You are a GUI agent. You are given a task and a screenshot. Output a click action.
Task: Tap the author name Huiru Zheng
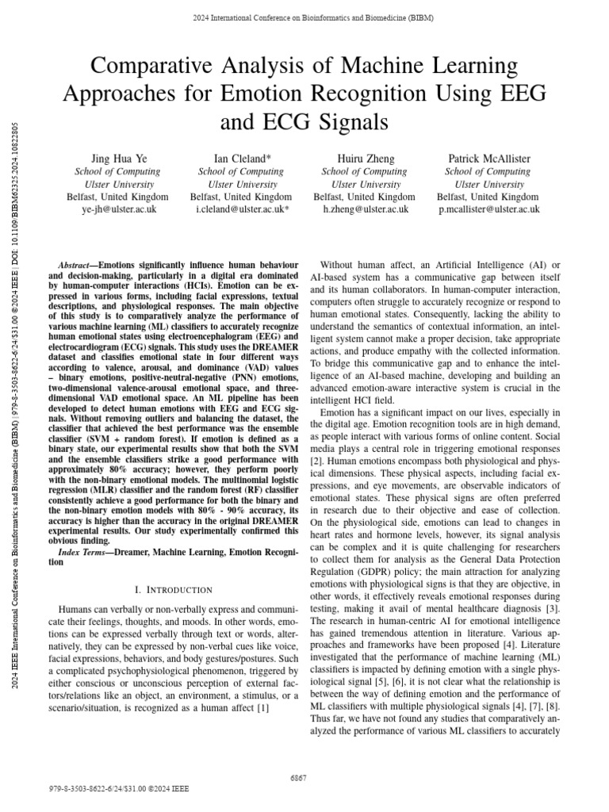pos(364,159)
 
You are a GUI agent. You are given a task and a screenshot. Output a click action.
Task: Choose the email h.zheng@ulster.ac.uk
pos(364,209)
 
